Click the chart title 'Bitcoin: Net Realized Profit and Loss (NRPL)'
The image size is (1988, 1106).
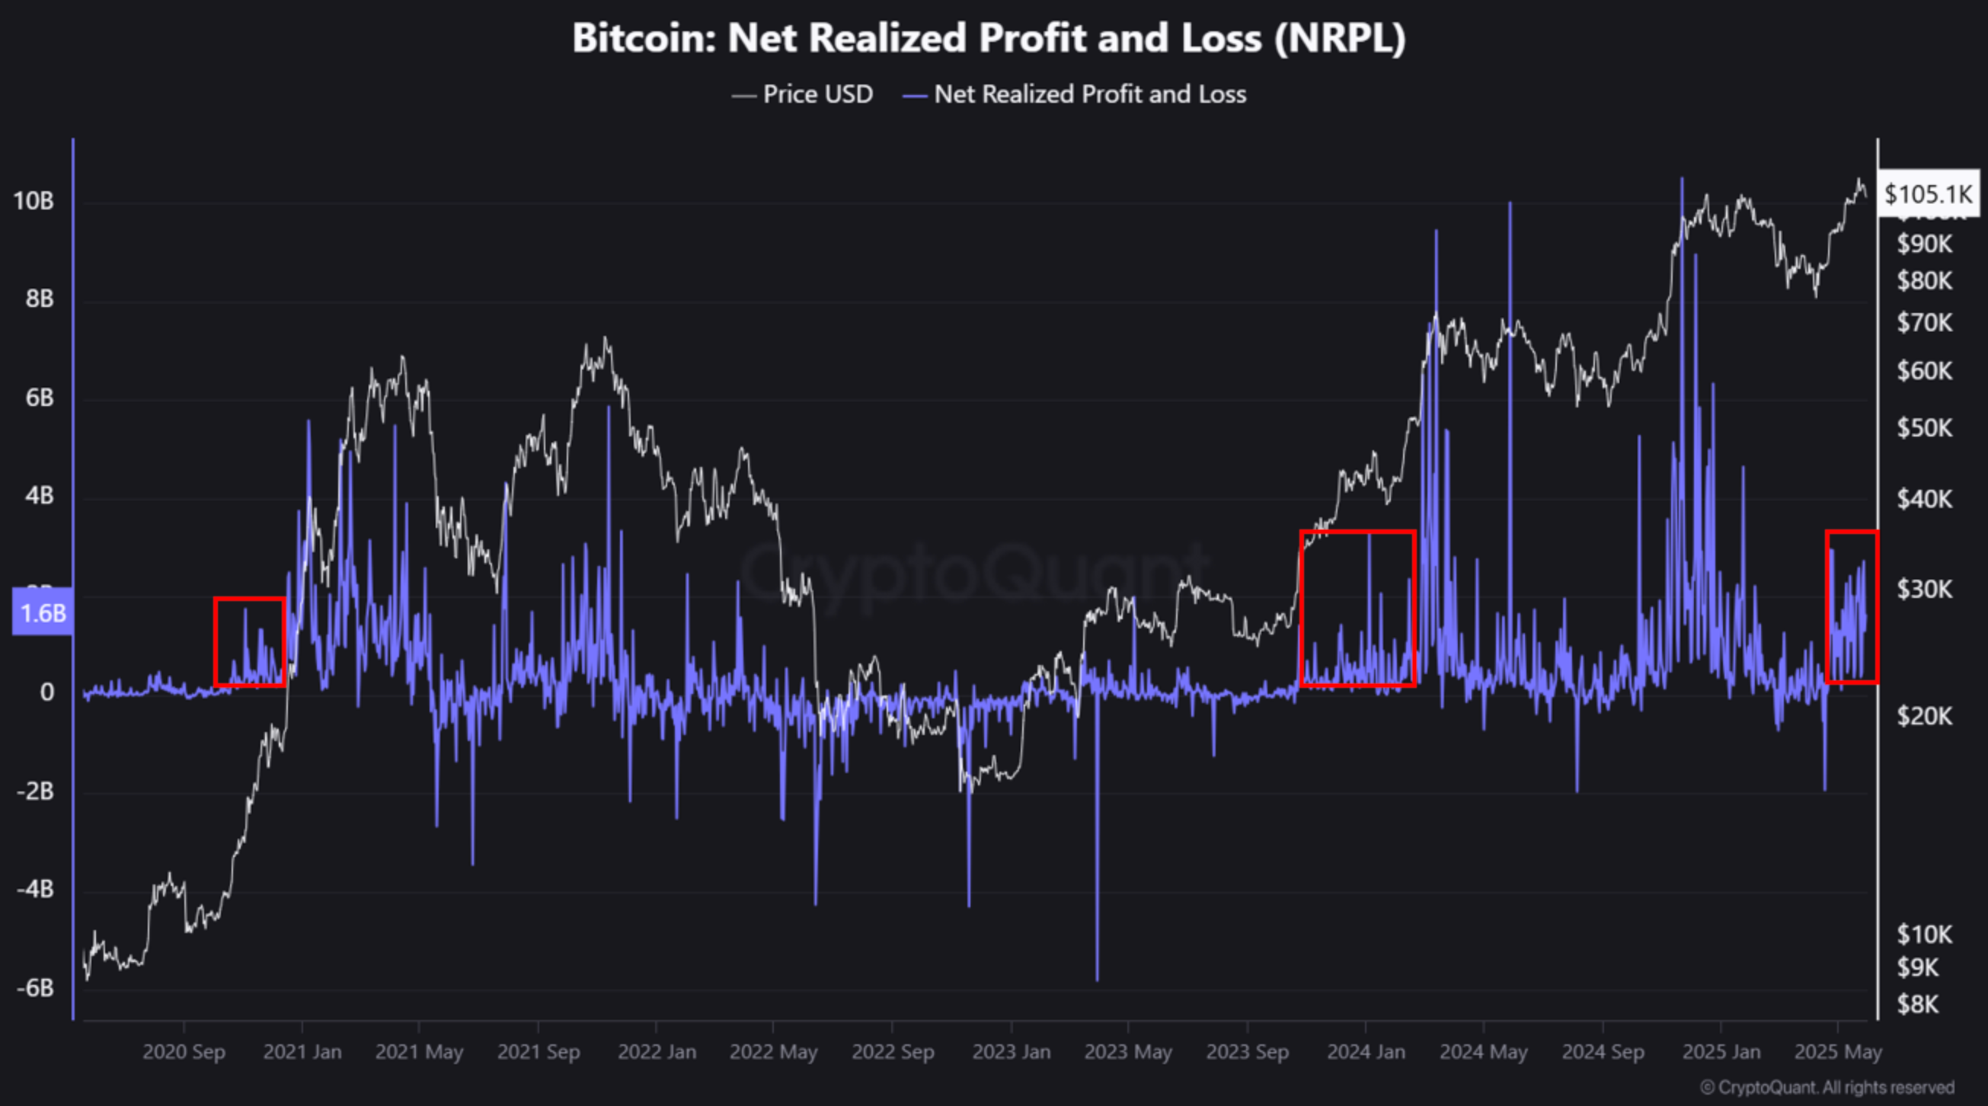tap(989, 38)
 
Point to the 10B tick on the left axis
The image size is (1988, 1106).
tap(34, 201)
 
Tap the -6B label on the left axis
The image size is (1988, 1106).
tap(36, 988)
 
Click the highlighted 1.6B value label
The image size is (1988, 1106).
tap(43, 613)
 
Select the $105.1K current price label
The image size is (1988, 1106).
tap(1928, 193)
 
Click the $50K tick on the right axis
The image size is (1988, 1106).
tap(1925, 427)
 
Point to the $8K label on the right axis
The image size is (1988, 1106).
tap(1918, 1005)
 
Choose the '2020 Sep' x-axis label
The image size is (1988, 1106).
tap(184, 1052)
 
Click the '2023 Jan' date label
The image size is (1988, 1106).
tap(1011, 1052)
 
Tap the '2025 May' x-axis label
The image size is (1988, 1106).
tap(1837, 1052)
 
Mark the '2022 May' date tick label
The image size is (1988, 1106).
tap(773, 1052)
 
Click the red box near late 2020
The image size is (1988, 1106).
tap(249, 642)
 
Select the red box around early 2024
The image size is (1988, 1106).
tap(1357, 608)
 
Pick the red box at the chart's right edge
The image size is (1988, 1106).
tap(1852, 606)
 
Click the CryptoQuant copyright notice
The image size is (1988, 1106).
tap(1827, 1088)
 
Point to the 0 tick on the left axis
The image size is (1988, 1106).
tap(47, 692)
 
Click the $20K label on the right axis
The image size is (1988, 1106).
tap(1925, 716)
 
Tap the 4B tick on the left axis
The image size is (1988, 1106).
tap(39, 496)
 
